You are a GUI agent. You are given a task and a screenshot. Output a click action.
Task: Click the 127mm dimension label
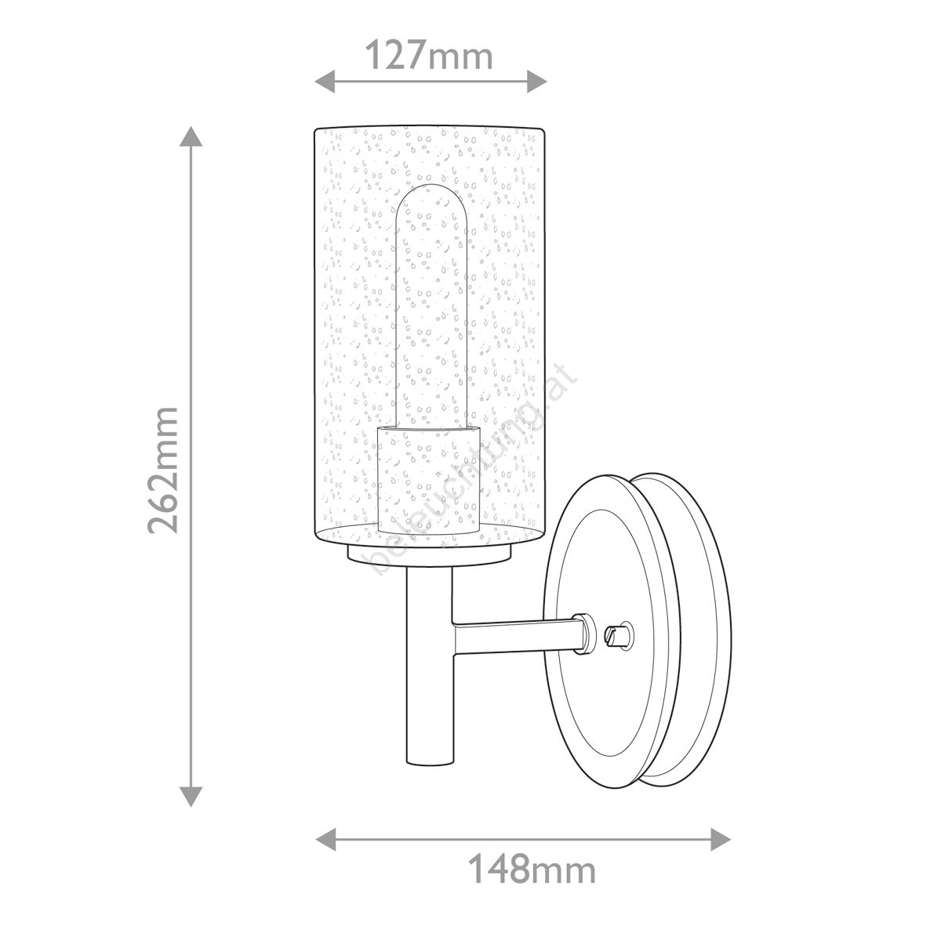(x=429, y=56)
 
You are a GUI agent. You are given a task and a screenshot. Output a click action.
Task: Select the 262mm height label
(x=163, y=470)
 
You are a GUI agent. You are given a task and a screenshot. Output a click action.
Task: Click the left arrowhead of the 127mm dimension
(x=324, y=81)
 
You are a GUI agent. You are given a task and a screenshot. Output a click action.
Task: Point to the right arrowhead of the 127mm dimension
(x=536, y=81)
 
